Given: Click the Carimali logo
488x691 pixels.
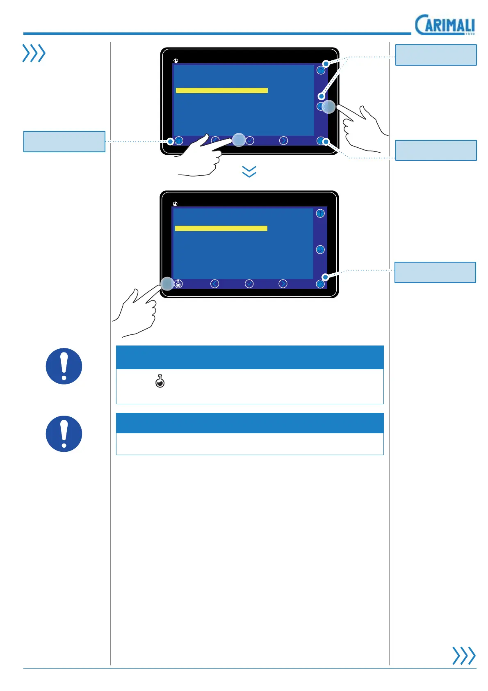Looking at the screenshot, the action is pyautogui.click(x=445, y=25).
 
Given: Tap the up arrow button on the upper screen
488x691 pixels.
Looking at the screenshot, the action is pyautogui.click(x=321, y=70).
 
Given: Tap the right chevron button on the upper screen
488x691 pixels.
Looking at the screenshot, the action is pyautogui.click(x=283, y=141).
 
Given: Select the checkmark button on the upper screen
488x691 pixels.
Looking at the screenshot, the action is pyautogui.click(x=250, y=141).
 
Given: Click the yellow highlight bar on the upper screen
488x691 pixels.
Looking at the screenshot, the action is pyautogui.click(x=221, y=90).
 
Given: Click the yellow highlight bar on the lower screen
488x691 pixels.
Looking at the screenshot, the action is pyautogui.click(x=221, y=228).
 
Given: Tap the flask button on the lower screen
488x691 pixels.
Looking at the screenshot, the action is pyautogui.click(x=178, y=284).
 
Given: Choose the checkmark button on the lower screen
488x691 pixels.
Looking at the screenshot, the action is pyautogui.click(x=249, y=284).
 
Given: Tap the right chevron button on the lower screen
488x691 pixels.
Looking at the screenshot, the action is pyautogui.click(x=283, y=284).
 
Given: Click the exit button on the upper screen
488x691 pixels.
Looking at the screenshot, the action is pyautogui.click(x=321, y=141).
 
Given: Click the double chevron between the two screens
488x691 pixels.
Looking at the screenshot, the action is pyautogui.click(x=249, y=172).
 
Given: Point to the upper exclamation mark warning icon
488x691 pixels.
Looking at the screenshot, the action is pyautogui.click(x=64, y=366).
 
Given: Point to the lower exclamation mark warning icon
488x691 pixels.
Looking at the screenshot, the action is pyautogui.click(x=64, y=434).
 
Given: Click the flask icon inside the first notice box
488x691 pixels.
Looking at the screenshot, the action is pyautogui.click(x=160, y=382).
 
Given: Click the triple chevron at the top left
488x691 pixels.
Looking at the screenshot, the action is pyautogui.click(x=34, y=53).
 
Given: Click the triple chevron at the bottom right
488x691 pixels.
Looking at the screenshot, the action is pyautogui.click(x=464, y=655).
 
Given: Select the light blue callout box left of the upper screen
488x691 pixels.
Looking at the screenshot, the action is pyautogui.click(x=64, y=142).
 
